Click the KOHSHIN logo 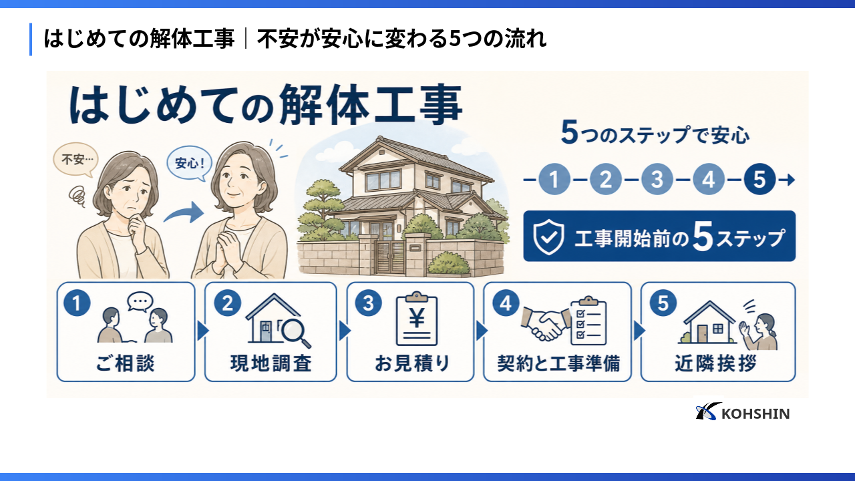tap(742, 412)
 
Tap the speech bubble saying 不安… tap(75, 159)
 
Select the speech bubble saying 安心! tap(189, 164)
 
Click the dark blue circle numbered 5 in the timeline tap(759, 180)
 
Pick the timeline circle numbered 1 tap(554, 180)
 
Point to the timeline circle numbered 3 tap(657, 180)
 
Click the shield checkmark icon tap(548, 237)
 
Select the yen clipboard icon tap(416, 319)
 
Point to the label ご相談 tap(125, 363)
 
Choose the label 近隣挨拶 tap(715, 363)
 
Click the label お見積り tap(412, 363)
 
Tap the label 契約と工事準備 tap(558, 363)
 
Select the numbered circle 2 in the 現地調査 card tap(228, 303)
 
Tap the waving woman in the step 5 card tap(759, 331)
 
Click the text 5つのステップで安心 tap(655, 134)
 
